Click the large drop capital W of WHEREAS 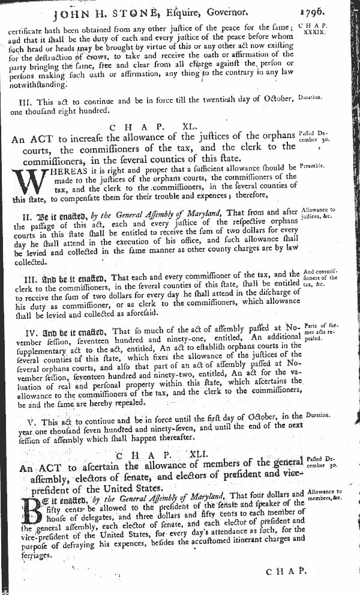coord(23,181)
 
